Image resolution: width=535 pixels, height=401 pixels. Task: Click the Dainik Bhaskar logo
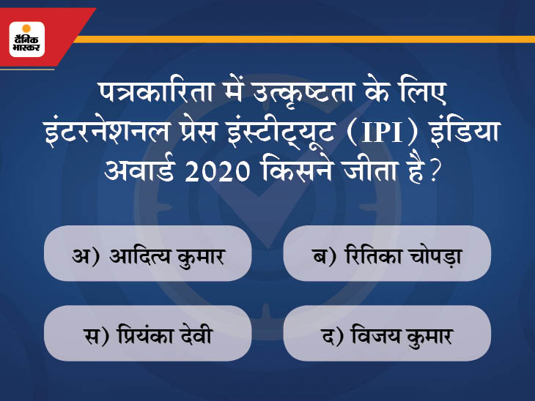27,40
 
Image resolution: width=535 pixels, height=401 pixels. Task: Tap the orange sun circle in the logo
26,29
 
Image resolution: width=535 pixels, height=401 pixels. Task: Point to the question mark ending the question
433,171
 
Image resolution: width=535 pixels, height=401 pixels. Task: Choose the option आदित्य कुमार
167,256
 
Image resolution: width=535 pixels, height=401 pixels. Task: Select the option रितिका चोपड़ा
403,255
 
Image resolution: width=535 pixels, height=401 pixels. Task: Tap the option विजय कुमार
402,336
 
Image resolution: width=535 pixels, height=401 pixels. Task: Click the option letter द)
332,336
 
